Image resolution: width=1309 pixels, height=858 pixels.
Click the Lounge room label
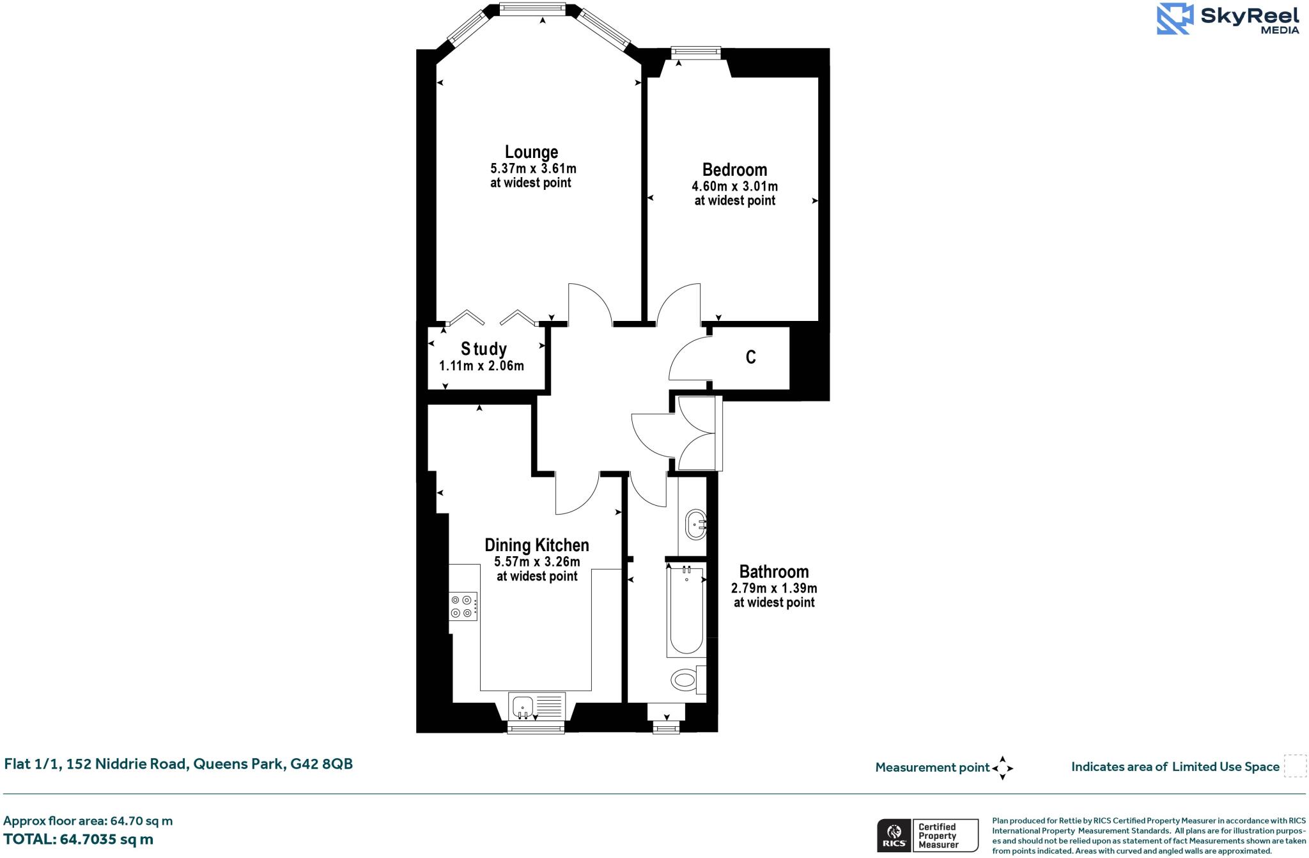[x=531, y=152]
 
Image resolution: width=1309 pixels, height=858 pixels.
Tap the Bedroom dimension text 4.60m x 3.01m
[x=734, y=187]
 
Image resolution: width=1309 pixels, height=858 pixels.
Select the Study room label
[x=484, y=349]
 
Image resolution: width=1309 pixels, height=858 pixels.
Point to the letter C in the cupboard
[x=751, y=357]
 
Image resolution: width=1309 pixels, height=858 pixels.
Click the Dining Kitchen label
[x=536, y=545]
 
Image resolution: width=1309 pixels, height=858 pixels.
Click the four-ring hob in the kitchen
[x=463, y=606]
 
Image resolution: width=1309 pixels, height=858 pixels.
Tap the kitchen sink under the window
[x=523, y=706]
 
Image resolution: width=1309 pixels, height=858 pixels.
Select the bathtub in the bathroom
[x=686, y=611]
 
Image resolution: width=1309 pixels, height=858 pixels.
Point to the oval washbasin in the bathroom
[x=695, y=524]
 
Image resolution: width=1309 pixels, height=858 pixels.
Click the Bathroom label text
[x=773, y=572]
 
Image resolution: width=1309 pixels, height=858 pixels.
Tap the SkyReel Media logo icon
[x=1175, y=19]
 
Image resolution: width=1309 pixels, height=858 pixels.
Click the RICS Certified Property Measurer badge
[x=927, y=835]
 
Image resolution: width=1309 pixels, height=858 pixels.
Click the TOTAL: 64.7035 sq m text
[x=78, y=839]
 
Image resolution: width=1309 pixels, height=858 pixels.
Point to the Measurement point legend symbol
[x=1002, y=767]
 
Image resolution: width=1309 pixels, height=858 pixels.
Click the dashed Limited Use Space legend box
[x=1295, y=766]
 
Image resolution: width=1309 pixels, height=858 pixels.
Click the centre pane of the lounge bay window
[x=532, y=9]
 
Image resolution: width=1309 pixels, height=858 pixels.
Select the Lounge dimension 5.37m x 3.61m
[x=533, y=169]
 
